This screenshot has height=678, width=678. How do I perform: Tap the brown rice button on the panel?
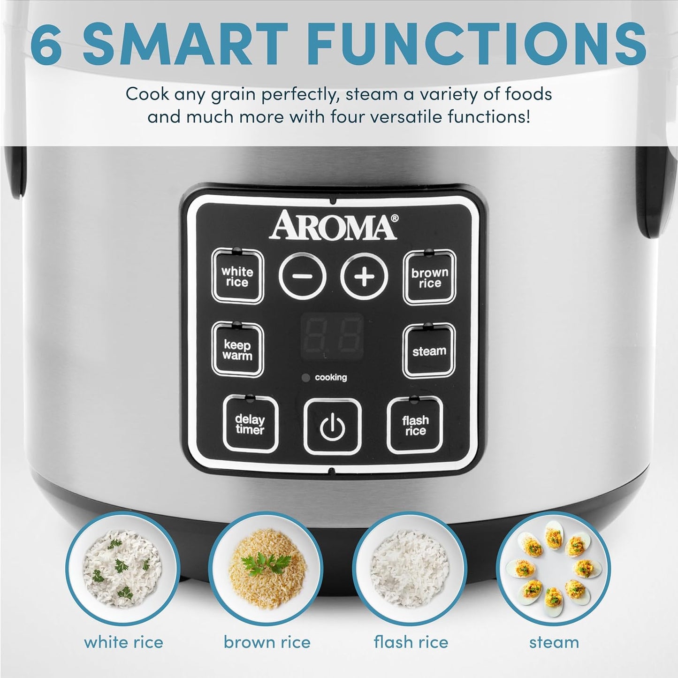[429, 278]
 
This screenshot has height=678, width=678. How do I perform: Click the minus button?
[303, 276]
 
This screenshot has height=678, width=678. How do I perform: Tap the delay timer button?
[250, 424]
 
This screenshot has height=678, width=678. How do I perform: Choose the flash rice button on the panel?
[415, 425]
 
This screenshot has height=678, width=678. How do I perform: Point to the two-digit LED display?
[332, 336]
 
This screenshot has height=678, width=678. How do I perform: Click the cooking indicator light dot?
[306, 378]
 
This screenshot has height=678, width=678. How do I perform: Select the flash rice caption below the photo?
[411, 642]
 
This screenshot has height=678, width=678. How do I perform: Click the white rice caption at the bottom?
[123, 642]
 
